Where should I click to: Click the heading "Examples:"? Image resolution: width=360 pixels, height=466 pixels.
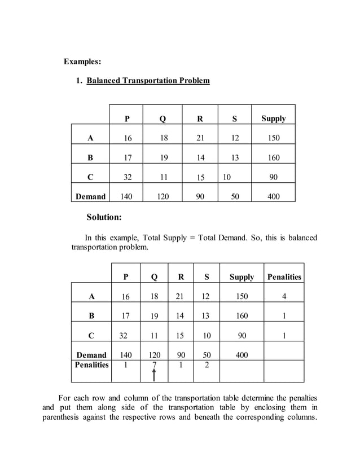[82, 61]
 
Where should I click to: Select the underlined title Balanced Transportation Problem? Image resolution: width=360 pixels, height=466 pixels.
[148, 81]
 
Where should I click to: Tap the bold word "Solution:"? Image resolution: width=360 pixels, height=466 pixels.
[104, 217]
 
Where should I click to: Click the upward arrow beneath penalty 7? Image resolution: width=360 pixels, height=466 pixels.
[154, 375]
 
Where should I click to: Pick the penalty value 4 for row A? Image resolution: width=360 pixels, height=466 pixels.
[284, 296]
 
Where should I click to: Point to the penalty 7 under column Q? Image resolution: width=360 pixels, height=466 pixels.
[154, 365]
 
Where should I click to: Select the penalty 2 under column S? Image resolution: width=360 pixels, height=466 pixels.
[207, 365]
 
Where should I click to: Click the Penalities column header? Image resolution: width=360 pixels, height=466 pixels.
[284, 277]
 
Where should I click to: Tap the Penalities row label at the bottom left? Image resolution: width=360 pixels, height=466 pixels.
[91, 365]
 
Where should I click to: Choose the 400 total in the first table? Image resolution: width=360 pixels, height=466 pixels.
[273, 197]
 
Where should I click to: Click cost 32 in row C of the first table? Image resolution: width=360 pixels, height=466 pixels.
[128, 177]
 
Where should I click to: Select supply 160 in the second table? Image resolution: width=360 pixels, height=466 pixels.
[242, 316]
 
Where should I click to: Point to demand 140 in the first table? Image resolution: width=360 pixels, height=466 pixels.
[128, 197]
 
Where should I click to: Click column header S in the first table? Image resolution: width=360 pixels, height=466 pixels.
[234, 118]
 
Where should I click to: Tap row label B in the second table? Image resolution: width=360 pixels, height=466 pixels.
[91, 316]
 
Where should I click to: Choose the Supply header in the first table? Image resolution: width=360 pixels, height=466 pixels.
[273, 118]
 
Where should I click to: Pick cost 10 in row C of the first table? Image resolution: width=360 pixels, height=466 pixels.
[226, 177]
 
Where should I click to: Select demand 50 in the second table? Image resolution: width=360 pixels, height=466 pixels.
[207, 355]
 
